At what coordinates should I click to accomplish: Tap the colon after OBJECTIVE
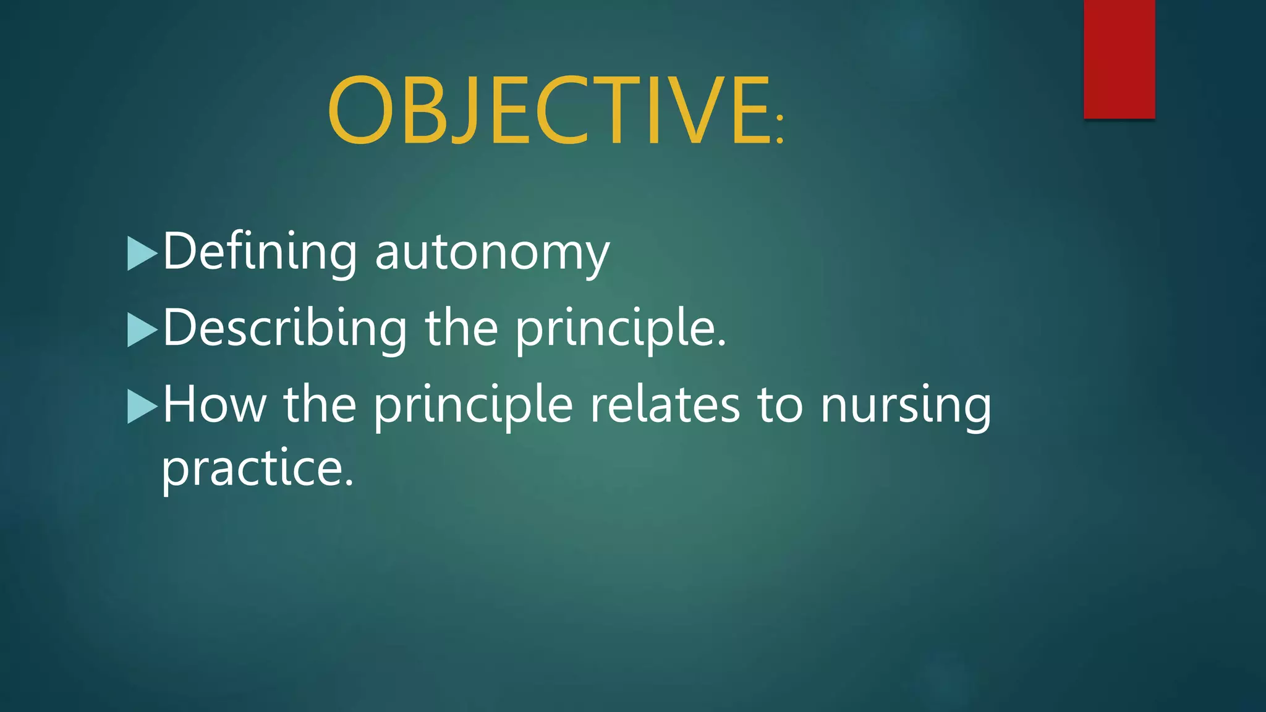[780, 129]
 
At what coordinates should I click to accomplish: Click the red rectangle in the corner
[1119, 59]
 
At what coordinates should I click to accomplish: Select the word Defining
[260, 252]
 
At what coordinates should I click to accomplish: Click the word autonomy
[492, 253]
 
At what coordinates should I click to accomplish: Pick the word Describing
[284, 328]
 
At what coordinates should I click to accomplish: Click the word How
[214, 404]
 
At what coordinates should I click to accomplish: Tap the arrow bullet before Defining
[142, 253]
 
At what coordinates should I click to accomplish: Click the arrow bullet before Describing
[142, 329]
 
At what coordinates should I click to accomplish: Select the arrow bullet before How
[142, 406]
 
